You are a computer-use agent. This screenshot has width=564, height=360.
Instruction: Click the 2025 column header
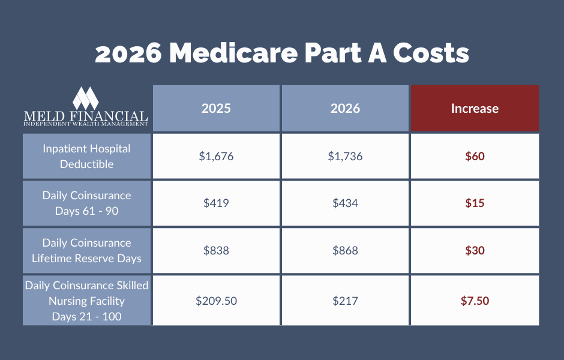216,109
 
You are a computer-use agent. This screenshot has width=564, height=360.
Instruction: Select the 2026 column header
345,109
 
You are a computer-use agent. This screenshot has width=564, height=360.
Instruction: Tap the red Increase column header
475,109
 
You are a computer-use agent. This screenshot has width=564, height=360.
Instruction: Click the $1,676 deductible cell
216,156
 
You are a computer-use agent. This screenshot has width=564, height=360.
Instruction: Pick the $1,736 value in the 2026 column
345,156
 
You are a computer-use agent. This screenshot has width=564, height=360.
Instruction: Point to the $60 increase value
475,156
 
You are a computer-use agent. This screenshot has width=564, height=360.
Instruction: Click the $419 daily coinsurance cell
216,203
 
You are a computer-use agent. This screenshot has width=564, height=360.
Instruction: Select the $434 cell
345,203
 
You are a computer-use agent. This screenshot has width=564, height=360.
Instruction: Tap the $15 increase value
475,203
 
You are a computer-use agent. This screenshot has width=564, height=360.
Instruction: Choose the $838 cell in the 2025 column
216,250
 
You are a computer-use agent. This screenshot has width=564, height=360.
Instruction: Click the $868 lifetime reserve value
345,250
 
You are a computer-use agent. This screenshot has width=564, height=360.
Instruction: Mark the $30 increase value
475,250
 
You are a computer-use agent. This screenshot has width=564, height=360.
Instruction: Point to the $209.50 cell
216,301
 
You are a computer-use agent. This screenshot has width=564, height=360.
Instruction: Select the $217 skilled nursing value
345,301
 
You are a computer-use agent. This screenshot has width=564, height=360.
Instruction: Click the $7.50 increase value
475,301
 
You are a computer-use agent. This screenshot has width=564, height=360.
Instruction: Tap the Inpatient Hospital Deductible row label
86,156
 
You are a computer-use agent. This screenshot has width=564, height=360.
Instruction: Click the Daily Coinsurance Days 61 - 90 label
86,203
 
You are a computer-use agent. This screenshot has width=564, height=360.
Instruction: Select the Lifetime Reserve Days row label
86,250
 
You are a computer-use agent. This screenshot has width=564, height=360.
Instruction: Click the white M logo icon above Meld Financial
85,98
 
